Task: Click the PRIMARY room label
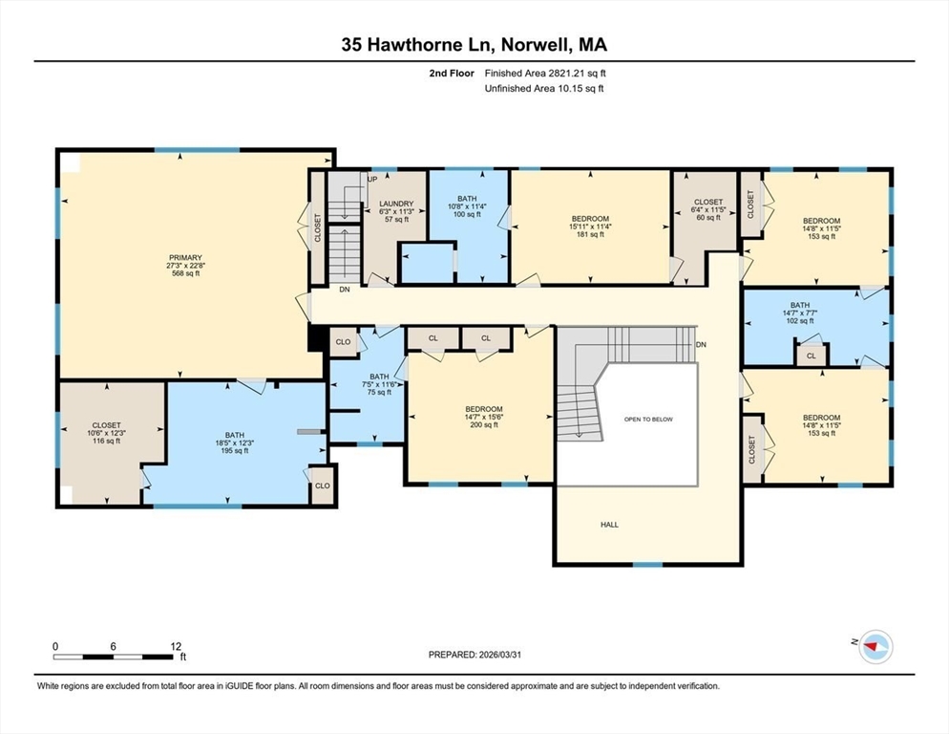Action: click(x=185, y=258)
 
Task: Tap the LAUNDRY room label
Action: click(x=395, y=204)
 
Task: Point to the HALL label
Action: click(x=609, y=525)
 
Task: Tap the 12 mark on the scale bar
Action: click(x=176, y=646)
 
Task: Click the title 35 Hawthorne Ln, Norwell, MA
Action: click(x=474, y=44)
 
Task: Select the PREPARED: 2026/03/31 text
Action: click(x=474, y=655)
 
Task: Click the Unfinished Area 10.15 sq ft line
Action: click(x=544, y=88)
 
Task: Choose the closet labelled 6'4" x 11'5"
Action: click(x=708, y=210)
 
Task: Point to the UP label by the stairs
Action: click(x=372, y=179)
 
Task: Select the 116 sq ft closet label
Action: click(x=106, y=441)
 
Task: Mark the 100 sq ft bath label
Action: click(x=467, y=214)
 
